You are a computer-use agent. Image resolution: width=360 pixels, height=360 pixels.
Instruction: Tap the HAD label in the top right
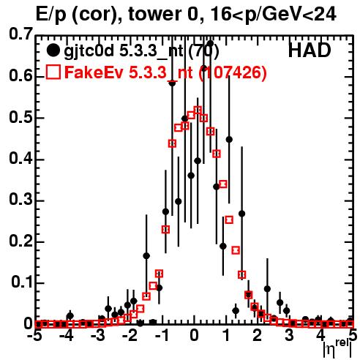tap(310, 50)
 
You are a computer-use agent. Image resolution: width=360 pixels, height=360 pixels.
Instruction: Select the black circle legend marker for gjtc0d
tap(53, 50)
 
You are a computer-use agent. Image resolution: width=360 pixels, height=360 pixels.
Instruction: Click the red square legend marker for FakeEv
tap(53, 72)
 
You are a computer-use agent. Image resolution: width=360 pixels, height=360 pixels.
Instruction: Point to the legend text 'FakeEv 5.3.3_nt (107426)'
tap(165, 72)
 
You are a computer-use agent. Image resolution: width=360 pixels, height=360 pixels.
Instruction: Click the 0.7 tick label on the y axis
tap(20, 34)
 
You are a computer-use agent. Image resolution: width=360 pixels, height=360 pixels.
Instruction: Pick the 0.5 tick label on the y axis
tap(20, 118)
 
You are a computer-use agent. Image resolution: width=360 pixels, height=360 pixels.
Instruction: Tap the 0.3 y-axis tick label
tap(20, 200)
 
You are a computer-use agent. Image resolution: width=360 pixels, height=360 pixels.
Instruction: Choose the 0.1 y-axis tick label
tap(22, 282)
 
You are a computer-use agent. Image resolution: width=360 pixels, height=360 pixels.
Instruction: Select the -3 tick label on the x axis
tap(98, 335)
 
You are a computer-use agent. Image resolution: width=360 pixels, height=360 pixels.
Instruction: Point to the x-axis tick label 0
tap(194, 335)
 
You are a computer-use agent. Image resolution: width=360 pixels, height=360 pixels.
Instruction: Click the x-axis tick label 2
tap(258, 335)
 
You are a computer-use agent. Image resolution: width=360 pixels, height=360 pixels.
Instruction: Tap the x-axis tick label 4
tap(320, 335)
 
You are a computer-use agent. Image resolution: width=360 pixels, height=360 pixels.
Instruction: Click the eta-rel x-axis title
tap(337, 348)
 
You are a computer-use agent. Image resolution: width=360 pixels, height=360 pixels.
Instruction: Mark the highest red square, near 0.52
tap(198, 110)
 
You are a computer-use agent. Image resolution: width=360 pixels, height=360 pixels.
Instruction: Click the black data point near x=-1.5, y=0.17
tap(146, 256)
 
